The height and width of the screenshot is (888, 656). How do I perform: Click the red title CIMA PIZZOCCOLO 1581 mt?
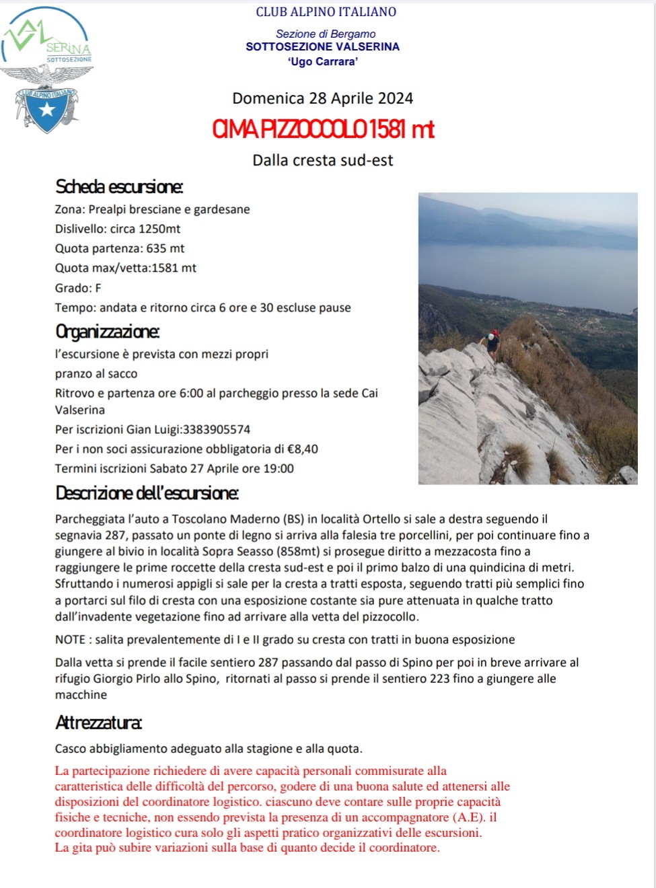(x=323, y=128)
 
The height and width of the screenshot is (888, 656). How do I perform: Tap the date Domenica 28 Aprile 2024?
(x=322, y=98)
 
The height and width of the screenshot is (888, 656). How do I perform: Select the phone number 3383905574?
(x=217, y=429)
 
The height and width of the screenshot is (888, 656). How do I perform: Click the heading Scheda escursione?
(x=119, y=186)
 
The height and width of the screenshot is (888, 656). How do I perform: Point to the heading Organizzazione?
(x=108, y=332)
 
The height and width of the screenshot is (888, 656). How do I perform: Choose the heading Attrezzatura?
(x=98, y=723)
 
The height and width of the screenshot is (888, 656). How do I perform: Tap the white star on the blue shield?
(x=47, y=109)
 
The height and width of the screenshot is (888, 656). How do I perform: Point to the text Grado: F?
(x=78, y=288)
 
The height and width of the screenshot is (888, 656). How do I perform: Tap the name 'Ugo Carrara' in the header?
(x=322, y=62)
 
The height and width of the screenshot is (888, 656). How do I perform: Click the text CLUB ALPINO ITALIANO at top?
(x=326, y=11)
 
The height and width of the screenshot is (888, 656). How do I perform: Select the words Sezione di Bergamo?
(x=326, y=34)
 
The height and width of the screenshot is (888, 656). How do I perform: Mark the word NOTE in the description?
(x=70, y=640)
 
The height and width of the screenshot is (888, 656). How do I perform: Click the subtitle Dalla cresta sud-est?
(x=322, y=160)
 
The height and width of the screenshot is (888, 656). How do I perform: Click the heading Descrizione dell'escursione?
(x=147, y=493)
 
